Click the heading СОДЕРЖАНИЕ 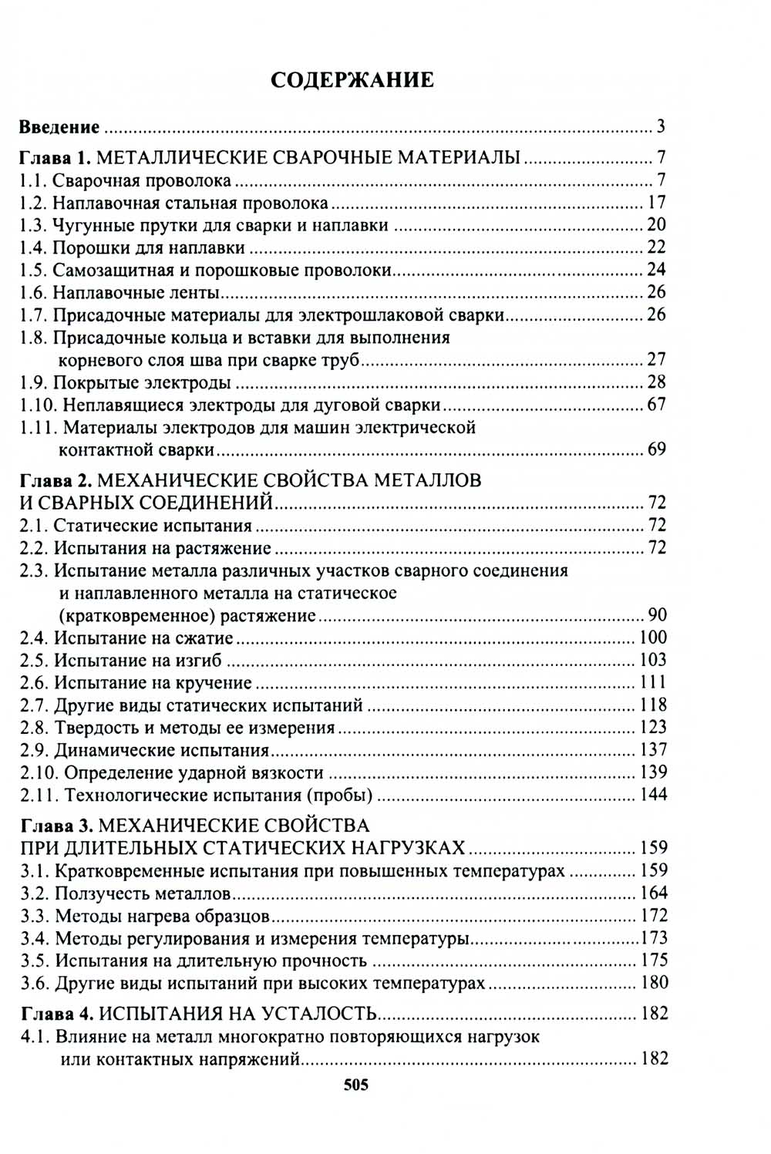(x=352, y=80)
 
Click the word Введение (x=59, y=127)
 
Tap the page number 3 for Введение (x=661, y=127)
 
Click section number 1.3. (x=33, y=225)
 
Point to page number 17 (x=656, y=203)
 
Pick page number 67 (x=656, y=404)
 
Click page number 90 (x=657, y=615)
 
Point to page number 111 (x=653, y=682)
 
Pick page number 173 (x=654, y=938)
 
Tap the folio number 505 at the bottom (x=355, y=1085)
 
